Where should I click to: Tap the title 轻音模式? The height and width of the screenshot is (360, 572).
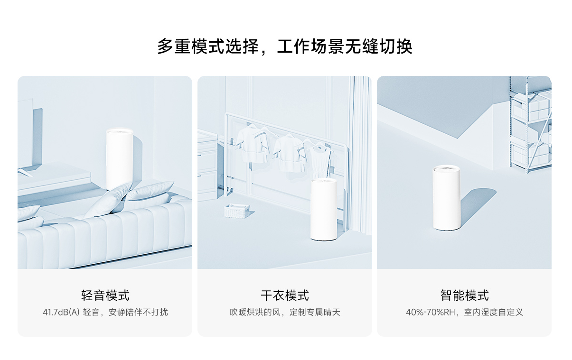click(105, 295)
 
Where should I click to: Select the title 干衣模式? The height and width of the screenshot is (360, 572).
click(285, 295)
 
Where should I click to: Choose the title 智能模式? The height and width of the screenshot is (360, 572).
click(464, 295)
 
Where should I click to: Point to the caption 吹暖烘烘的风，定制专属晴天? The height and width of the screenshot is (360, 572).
click(285, 312)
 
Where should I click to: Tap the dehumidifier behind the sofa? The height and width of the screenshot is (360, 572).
click(120, 159)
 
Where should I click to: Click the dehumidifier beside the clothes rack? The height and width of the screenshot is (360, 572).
click(324, 209)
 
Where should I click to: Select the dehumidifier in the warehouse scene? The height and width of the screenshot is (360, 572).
click(446, 198)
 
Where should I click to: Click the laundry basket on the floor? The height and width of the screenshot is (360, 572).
click(236, 211)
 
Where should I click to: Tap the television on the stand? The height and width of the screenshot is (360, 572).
click(29, 138)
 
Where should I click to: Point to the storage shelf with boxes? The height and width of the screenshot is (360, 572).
click(531, 123)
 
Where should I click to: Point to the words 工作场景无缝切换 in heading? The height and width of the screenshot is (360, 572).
click(345, 47)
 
